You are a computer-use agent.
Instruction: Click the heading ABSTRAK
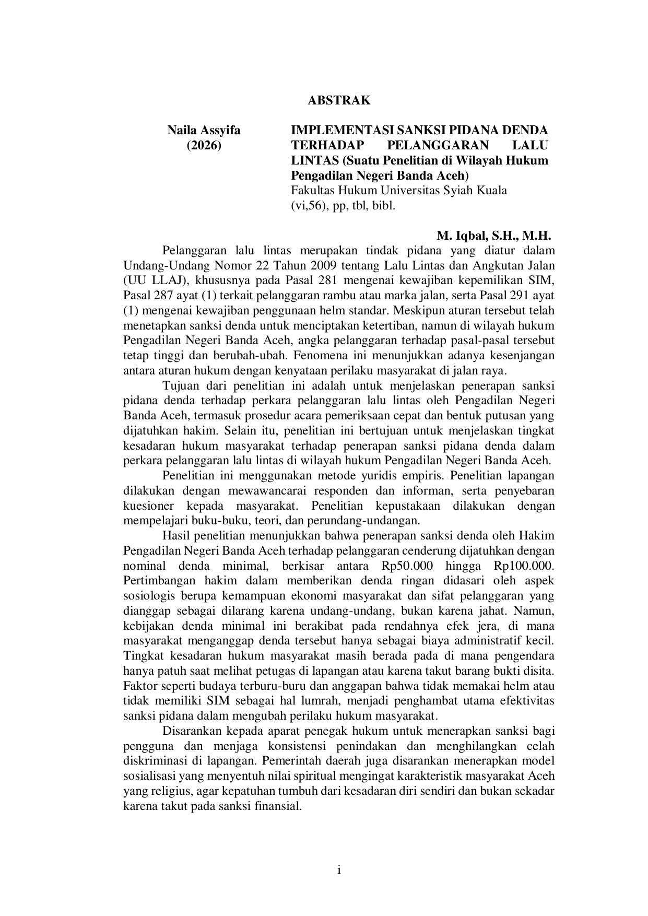pyautogui.click(x=339, y=101)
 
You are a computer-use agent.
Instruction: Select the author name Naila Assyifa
pyautogui.click(x=204, y=131)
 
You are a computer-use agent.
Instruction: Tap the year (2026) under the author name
pyautogui.click(x=204, y=145)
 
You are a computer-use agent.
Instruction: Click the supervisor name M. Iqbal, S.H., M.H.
pyautogui.click(x=493, y=236)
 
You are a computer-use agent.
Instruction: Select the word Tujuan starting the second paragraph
pyautogui.click(x=181, y=386)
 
